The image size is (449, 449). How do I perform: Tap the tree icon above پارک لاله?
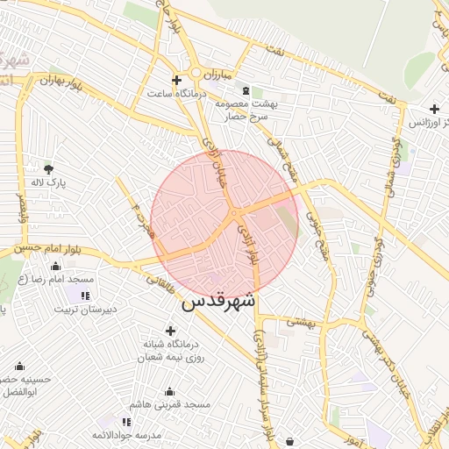[48, 168]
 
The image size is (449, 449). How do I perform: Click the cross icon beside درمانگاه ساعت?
[176, 80]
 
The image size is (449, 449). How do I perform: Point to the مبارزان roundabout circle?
[196, 73]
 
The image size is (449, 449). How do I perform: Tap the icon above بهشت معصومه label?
[245, 90]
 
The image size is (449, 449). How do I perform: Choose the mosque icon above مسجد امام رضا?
[55, 265]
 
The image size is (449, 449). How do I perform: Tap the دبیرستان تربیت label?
[83, 309]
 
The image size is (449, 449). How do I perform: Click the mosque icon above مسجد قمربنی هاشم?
[169, 391]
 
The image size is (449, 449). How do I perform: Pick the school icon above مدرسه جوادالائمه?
[127, 422]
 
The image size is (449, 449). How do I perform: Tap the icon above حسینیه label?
[19, 366]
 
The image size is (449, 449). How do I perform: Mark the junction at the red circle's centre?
[233, 214]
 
